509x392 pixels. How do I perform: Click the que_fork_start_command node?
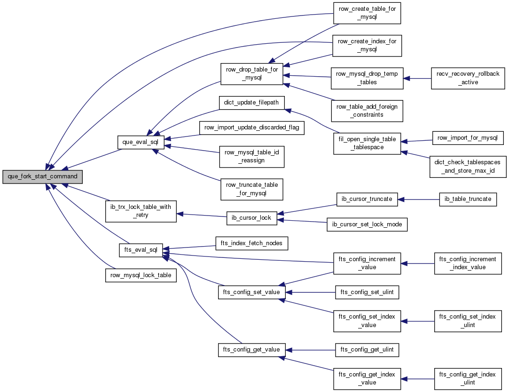(x=42, y=176)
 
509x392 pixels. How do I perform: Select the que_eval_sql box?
(x=140, y=142)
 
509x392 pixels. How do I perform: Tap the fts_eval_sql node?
(x=141, y=250)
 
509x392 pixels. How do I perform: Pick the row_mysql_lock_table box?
(x=141, y=275)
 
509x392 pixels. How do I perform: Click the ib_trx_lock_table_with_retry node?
(x=141, y=211)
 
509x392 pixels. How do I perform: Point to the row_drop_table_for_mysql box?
(x=252, y=74)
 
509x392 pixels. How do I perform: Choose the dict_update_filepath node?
(x=251, y=103)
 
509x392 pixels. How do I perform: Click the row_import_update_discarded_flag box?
(x=251, y=128)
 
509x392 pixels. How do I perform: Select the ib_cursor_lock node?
(x=251, y=218)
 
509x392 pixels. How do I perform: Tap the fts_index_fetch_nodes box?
(x=251, y=243)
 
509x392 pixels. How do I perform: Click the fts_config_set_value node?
(x=251, y=292)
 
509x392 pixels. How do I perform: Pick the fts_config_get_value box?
(x=251, y=350)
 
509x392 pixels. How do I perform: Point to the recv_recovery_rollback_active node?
(x=468, y=78)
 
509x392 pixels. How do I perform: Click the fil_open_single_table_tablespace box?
(x=367, y=144)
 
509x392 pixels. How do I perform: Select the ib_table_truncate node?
(x=468, y=199)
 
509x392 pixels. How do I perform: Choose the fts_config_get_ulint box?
(x=367, y=350)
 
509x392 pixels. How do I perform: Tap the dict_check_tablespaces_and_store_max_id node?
(x=468, y=167)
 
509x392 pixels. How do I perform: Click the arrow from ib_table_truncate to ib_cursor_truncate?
(x=418, y=199)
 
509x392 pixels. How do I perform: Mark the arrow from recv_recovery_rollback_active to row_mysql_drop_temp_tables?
(x=417, y=78)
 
